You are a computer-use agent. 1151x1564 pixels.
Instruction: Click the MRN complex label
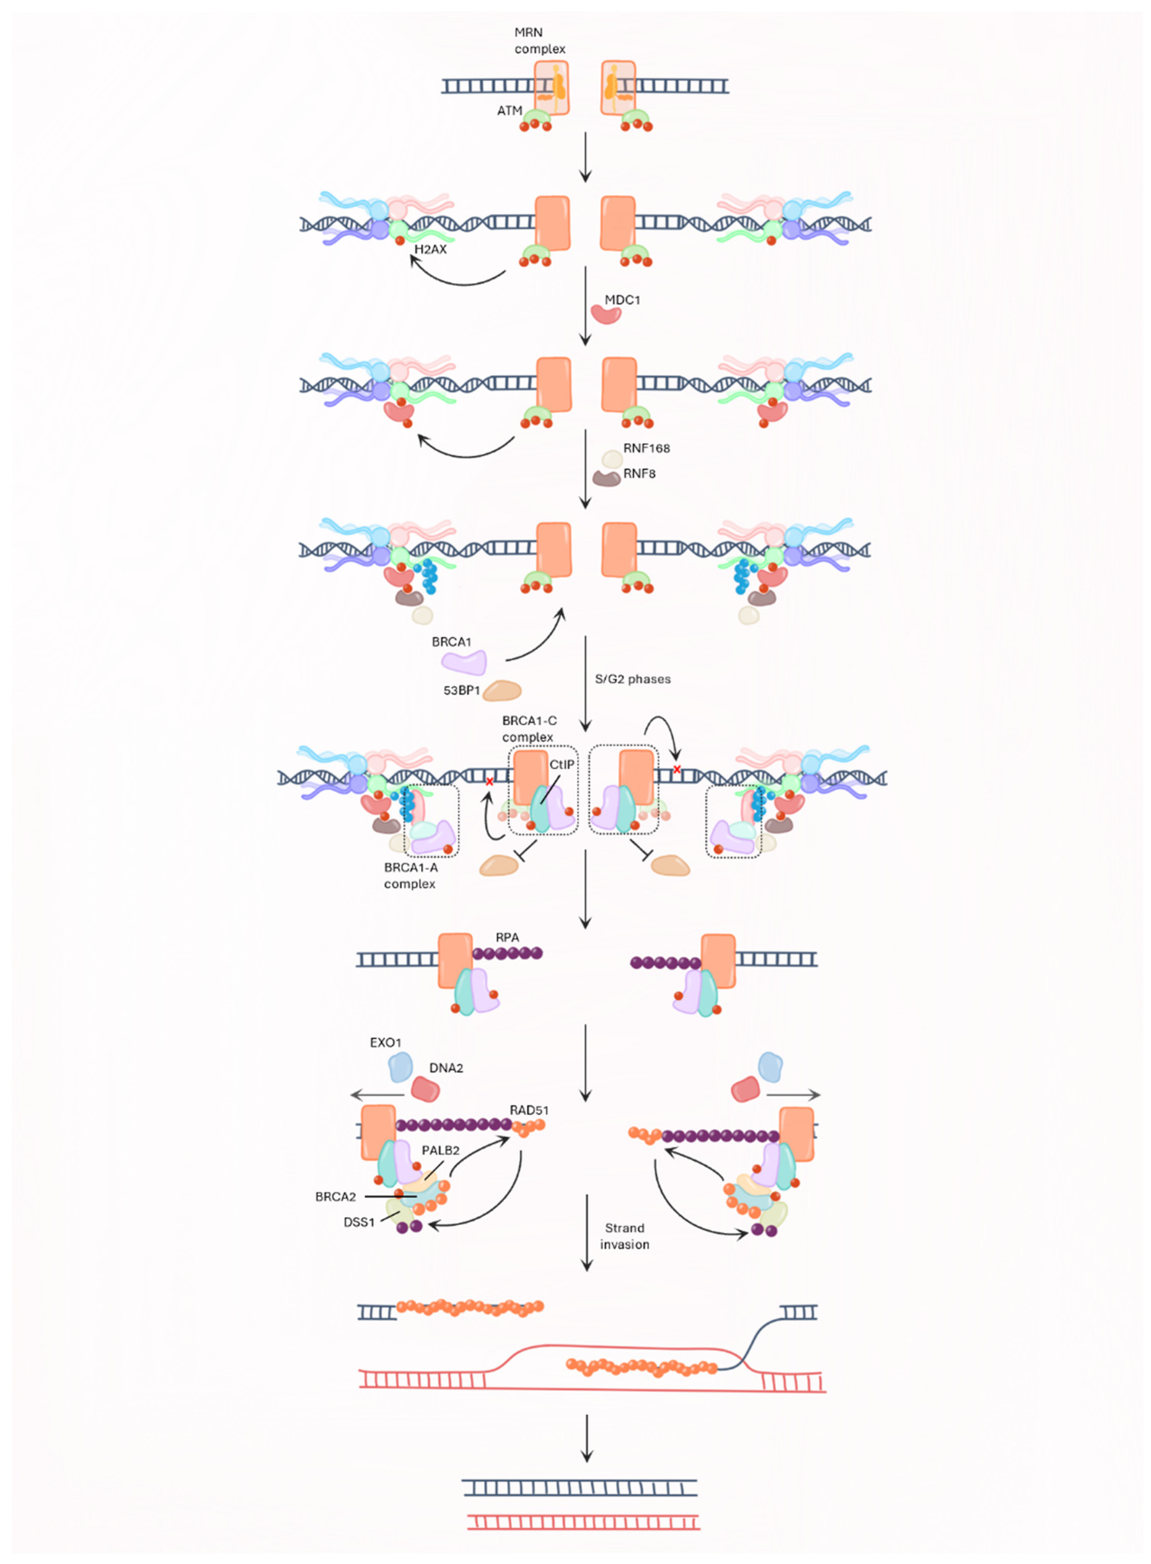[539, 40]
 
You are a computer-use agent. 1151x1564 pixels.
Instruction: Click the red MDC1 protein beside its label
[605, 313]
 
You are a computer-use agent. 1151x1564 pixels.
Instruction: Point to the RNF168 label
[646, 448]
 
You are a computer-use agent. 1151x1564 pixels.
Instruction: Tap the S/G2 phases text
[632, 679]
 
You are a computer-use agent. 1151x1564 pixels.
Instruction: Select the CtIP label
[561, 765]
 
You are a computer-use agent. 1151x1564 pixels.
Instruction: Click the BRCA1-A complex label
[410, 875]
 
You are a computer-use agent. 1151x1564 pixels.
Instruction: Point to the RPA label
[507, 937]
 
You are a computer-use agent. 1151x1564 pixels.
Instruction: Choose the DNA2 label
[446, 1068]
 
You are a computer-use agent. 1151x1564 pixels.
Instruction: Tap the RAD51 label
[529, 1110]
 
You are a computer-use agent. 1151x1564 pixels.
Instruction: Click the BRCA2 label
[335, 1197]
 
